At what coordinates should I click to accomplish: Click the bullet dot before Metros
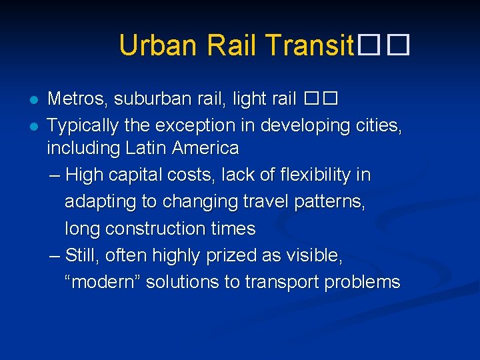[31, 100]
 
